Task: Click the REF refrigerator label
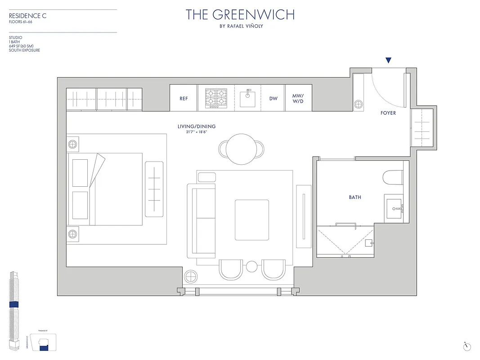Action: click(x=184, y=99)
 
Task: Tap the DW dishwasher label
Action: click(x=274, y=99)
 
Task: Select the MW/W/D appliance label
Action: click(x=298, y=99)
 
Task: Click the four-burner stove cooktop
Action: click(x=216, y=98)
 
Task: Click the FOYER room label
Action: click(x=388, y=113)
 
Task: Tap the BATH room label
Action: click(x=355, y=197)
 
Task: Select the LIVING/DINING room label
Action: click(x=197, y=126)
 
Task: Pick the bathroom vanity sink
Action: click(x=396, y=208)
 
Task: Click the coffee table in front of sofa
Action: click(x=252, y=220)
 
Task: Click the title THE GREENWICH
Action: click(x=240, y=14)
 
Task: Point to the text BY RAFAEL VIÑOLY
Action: click(x=240, y=26)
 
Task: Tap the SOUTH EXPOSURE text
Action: click(x=24, y=50)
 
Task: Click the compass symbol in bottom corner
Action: click(x=467, y=346)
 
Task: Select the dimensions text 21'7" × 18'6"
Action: click(x=197, y=132)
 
